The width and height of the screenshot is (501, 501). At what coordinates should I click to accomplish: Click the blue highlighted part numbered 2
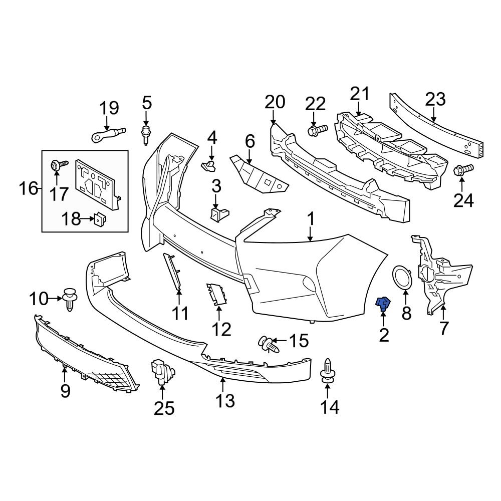(383, 303)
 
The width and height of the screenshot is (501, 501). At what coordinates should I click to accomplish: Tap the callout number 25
(164, 409)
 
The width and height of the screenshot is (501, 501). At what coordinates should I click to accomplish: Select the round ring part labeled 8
(402, 278)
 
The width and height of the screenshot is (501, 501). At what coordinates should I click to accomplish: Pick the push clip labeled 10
(71, 300)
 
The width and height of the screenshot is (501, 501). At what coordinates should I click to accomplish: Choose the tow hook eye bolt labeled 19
(106, 134)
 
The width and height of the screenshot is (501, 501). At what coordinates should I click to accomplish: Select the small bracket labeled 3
(218, 214)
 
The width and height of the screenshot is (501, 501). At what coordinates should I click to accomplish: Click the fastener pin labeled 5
(146, 133)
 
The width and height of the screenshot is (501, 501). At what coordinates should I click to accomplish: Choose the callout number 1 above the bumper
(311, 219)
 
